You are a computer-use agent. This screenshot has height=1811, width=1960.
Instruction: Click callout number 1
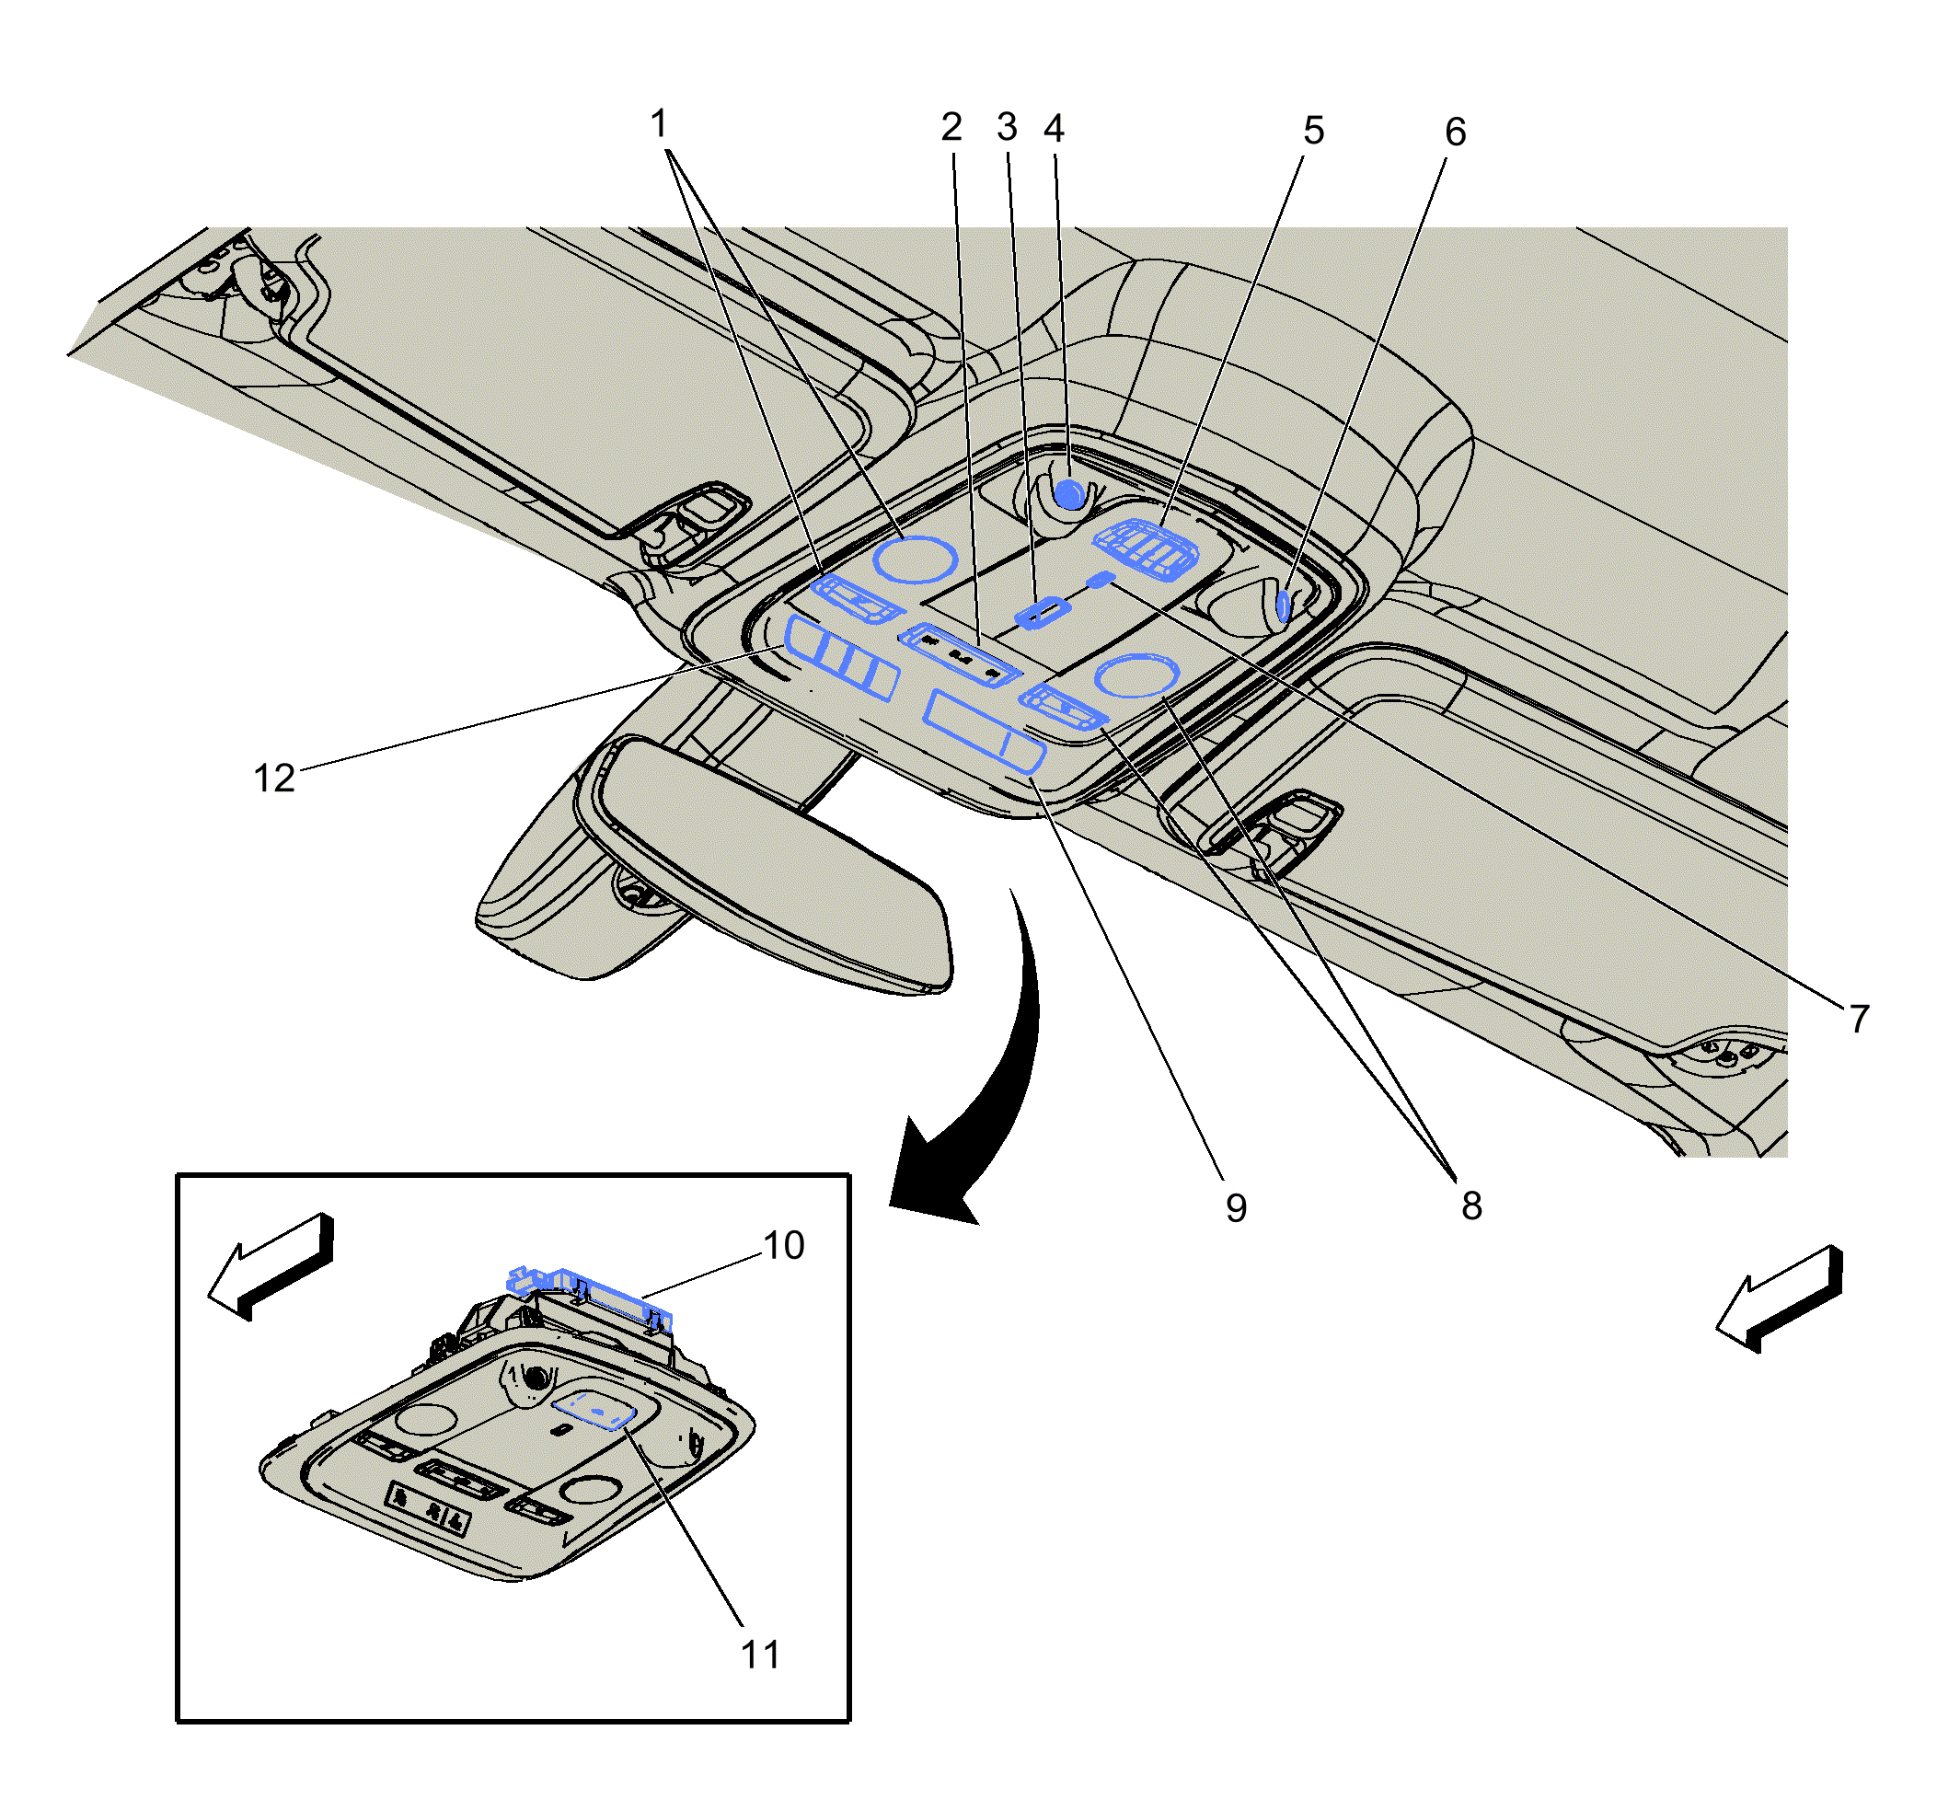point(659,124)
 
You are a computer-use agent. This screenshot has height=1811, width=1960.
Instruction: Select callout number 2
point(951,127)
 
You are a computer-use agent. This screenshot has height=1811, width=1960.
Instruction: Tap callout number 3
point(1007,127)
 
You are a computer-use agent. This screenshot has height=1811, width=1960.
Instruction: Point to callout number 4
point(1054,129)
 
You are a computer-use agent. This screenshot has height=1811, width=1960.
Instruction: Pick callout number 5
point(1313,131)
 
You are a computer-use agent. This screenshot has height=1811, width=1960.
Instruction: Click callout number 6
point(1456,133)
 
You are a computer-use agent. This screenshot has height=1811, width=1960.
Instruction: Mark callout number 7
point(1859,1020)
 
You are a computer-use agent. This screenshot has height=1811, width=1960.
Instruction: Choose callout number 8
point(1471,1206)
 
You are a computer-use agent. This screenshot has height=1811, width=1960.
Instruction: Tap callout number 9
point(1236,1208)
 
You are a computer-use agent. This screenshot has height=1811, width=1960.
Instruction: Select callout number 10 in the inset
point(783,1246)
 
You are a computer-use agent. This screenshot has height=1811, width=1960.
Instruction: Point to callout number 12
point(273,779)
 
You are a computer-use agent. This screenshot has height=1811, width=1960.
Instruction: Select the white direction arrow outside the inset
point(1780,1299)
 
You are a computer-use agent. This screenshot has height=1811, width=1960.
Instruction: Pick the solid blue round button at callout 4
point(1069,494)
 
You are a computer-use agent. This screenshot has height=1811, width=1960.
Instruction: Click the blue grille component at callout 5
point(1146,549)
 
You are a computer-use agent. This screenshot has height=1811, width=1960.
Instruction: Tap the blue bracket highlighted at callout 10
point(588,1296)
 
